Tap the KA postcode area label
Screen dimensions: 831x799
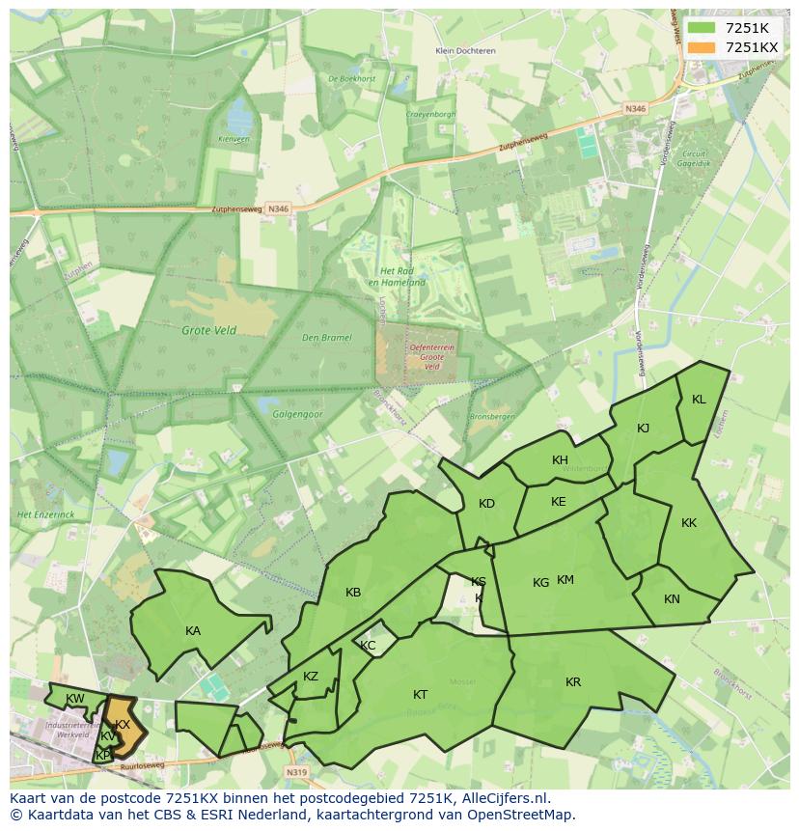pos(193,631)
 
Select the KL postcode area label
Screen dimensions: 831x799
pos(699,400)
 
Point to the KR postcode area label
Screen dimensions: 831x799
pos(573,682)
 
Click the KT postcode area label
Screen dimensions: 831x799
pos(421,695)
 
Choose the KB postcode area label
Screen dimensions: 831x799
pos(353,593)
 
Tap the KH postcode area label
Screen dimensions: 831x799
pos(560,460)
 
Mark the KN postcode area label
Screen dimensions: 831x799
pos(672,599)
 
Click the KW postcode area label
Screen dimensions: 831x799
pos(75,699)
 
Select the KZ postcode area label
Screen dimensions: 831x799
pos(311,677)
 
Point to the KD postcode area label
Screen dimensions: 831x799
pos(486,504)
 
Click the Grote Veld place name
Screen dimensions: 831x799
pos(208,330)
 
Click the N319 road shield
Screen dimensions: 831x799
pos(296,772)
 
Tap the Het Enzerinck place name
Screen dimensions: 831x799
pos(45,514)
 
